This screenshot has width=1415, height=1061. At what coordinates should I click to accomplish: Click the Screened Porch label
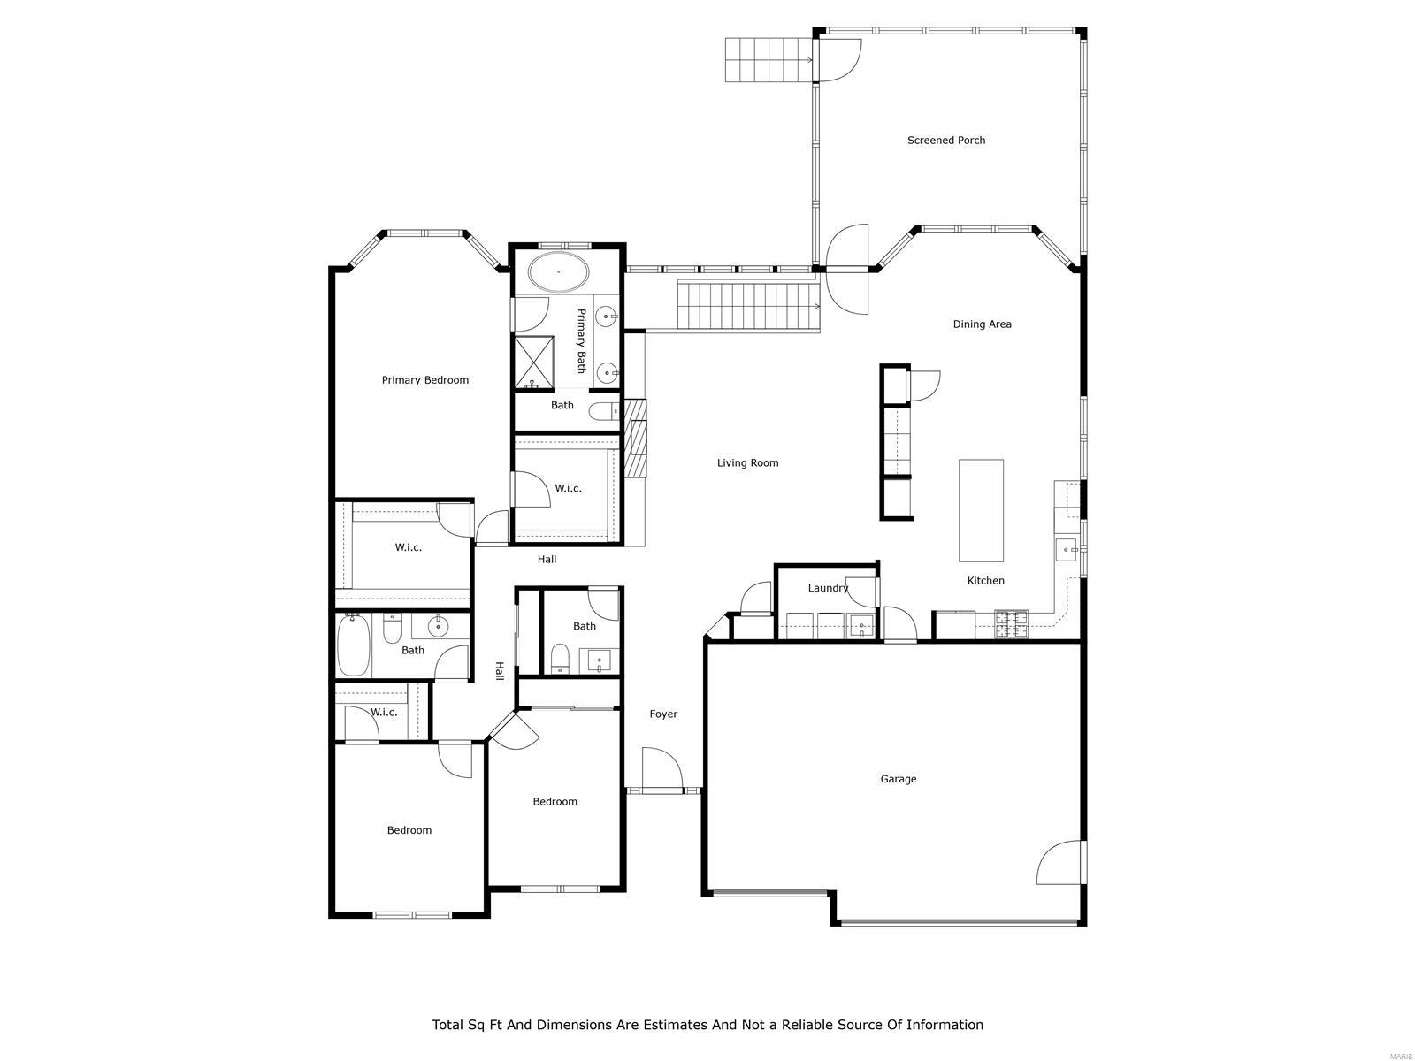click(x=945, y=140)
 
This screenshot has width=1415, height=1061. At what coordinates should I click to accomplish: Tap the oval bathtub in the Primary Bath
click(x=558, y=271)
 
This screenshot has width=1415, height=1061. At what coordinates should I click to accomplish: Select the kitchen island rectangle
click(x=981, y=510)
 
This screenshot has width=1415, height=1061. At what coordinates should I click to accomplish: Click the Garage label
click(x=898, y=779)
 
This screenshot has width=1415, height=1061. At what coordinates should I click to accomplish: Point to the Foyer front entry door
click(x=662, y=768)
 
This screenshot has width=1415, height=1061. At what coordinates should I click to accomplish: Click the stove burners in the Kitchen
click(x=1012, y=623)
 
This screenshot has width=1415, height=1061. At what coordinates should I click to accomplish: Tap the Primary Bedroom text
click(x=424, y=380)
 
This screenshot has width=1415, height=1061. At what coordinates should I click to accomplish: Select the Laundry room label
click(x=828, y=588)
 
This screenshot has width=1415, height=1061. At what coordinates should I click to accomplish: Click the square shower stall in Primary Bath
click(x=534, y=363)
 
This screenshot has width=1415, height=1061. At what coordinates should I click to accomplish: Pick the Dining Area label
click(x=982, y=324)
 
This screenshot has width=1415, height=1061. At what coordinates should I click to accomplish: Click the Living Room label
click(x=747, y=462)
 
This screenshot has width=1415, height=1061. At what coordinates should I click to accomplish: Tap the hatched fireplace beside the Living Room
click(x=636, y=438)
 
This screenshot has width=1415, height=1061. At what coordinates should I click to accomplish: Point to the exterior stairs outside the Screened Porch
click(x=767, y=59)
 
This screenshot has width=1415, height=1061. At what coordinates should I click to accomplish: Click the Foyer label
click(x=663, y=714)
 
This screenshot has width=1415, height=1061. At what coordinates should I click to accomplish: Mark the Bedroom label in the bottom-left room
click(x=409, y=830)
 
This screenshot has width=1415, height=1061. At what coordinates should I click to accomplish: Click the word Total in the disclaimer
click(x=447, y=1025)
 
